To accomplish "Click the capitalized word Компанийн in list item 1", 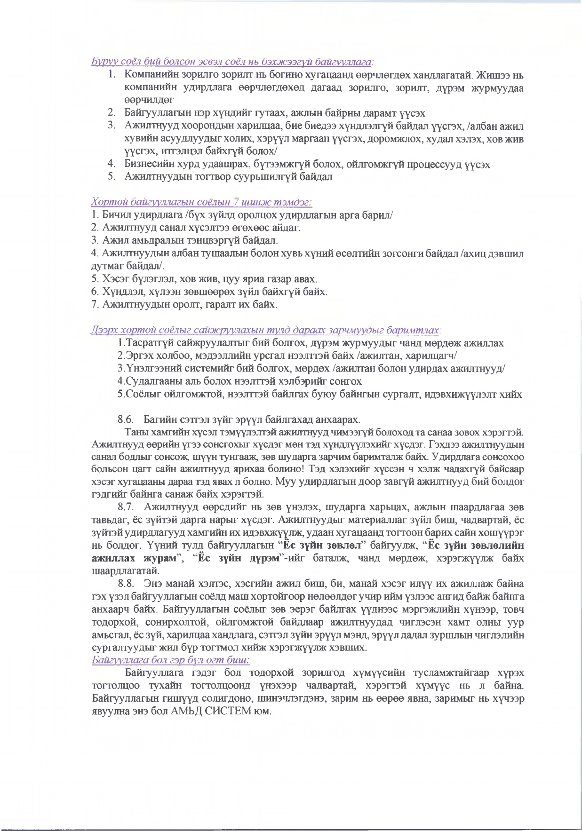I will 151,75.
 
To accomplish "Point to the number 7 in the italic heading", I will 237,202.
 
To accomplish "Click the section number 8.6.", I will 126,419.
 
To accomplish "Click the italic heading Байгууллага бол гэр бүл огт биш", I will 171,660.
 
